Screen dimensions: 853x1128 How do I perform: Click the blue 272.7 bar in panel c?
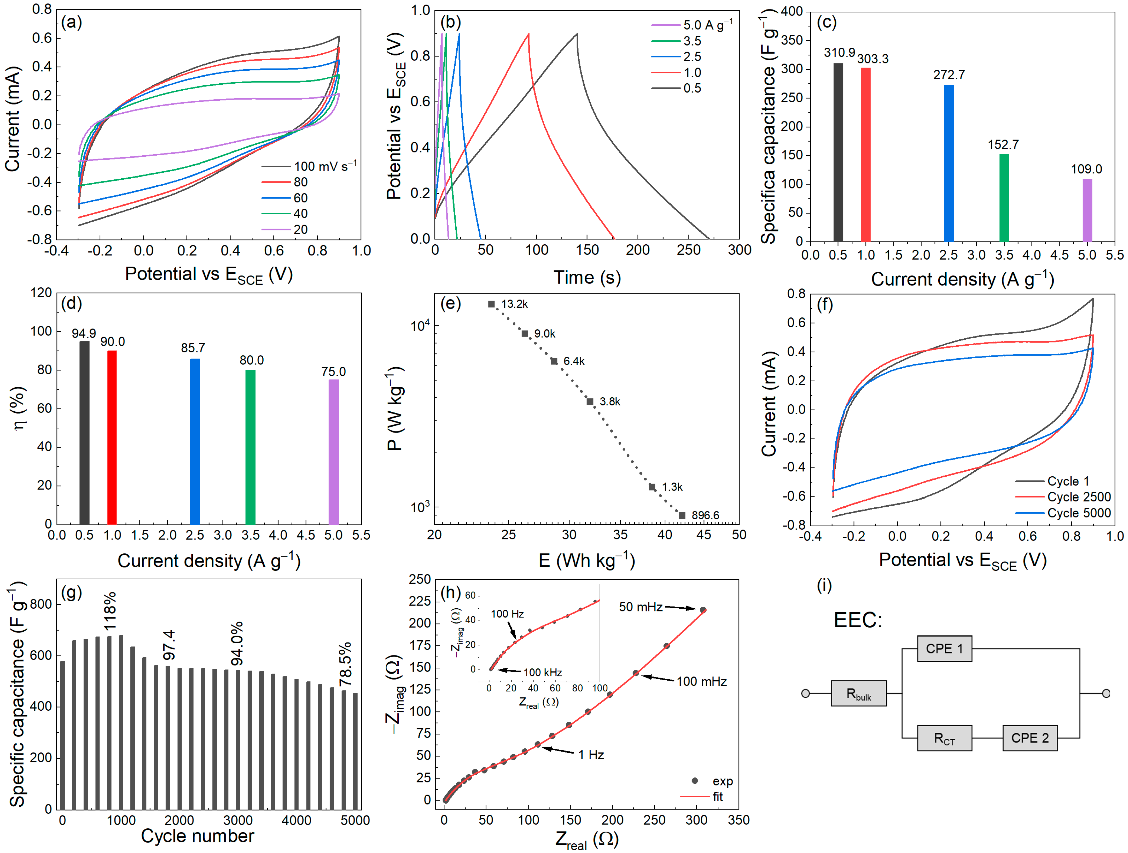pyautogui.click(x=948, y=163)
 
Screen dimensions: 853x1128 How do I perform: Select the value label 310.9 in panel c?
pyautogui.click(x=839, y=53)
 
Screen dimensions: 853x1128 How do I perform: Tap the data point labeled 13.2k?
pyautogui.click(x=491, y=304)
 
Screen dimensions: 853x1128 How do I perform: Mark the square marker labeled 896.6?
pyautogui.click(x=682, y=515)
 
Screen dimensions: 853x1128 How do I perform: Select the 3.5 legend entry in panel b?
pyautogui.click(x=692, y=41)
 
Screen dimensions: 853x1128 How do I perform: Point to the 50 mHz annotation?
pyautogui.click(x=641, y=607)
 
